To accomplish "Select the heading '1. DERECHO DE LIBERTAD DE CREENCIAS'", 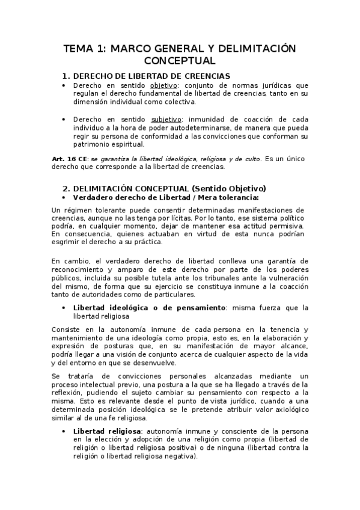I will [x=146, y=76].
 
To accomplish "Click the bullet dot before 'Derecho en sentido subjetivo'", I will [x=65, y=119].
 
